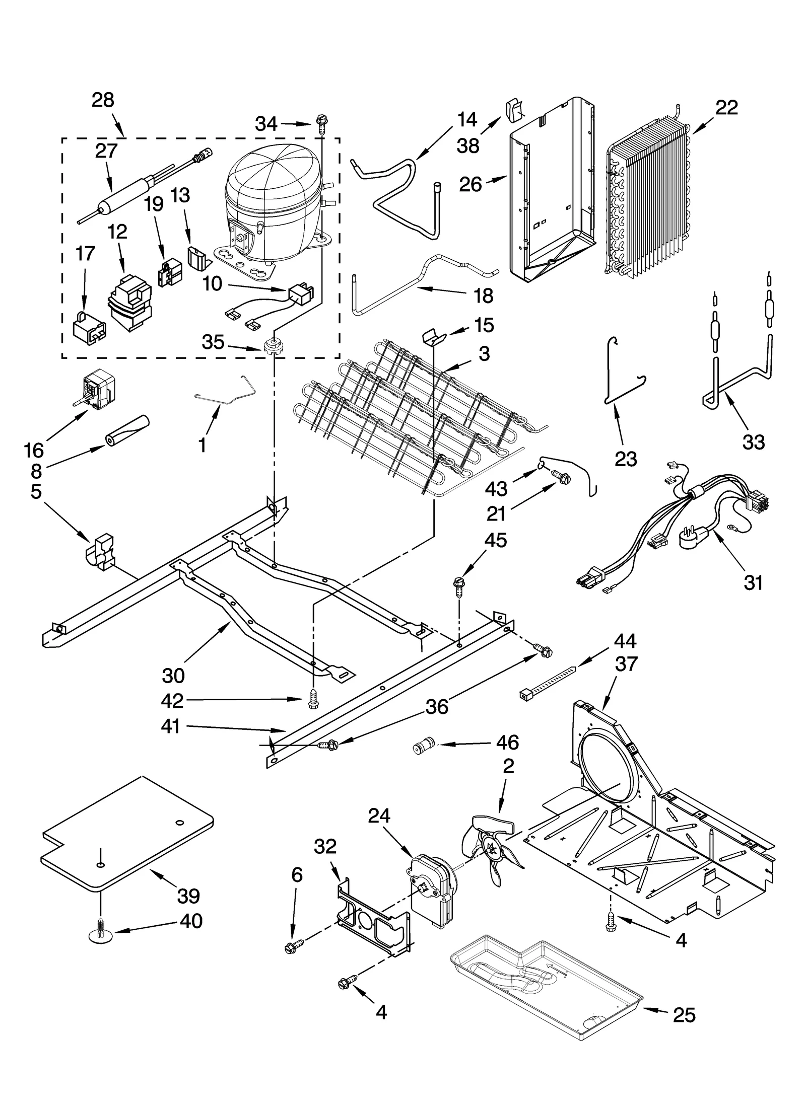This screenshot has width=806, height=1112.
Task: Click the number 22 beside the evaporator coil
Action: point(726,107)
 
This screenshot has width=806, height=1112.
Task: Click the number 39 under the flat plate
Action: point(188,896)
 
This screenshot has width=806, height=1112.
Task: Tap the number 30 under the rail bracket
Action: point(173,675)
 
